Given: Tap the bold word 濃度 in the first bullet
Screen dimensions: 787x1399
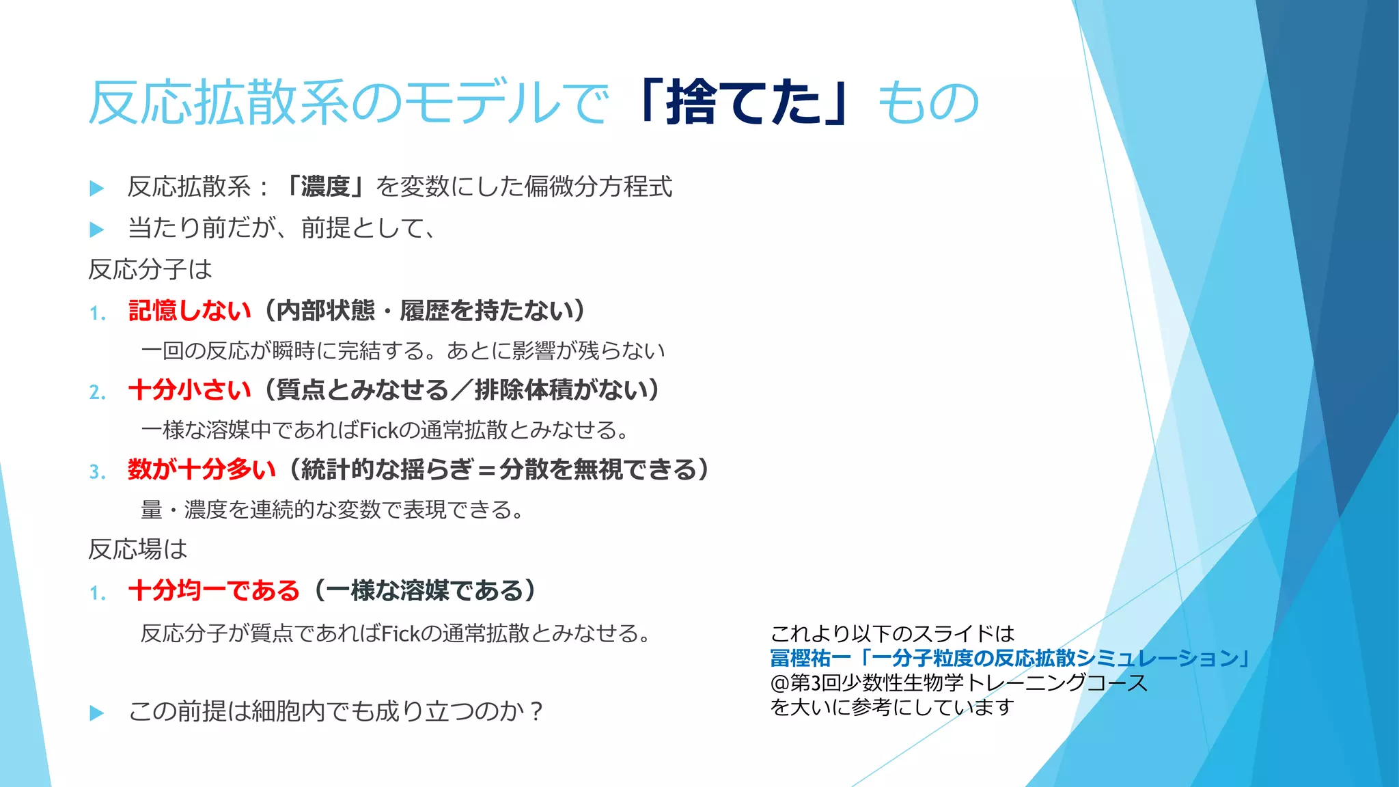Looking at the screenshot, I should click(325, 187).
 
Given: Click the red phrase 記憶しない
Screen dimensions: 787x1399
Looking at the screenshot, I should click(190, 311).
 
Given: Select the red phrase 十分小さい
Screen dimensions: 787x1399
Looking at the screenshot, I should click(190, 390).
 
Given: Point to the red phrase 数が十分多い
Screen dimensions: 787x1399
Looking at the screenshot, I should click(202, 469).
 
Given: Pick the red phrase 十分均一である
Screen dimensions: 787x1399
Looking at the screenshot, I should click(214, 590).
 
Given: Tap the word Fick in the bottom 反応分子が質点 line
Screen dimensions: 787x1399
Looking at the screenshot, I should click(400, 634).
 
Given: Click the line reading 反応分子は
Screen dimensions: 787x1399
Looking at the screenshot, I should click(150, 269).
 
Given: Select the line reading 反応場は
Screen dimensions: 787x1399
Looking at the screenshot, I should click(138, 549).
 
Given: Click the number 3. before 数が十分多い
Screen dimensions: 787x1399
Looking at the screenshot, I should click(98, 472).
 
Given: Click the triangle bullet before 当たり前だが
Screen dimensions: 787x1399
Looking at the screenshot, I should click(97, 230).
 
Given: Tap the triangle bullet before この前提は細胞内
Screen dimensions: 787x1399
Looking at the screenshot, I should click(97, 713).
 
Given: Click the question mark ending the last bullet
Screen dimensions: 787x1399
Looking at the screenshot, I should click(536, 712).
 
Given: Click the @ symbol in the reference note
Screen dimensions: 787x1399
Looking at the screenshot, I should click(779, 682).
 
